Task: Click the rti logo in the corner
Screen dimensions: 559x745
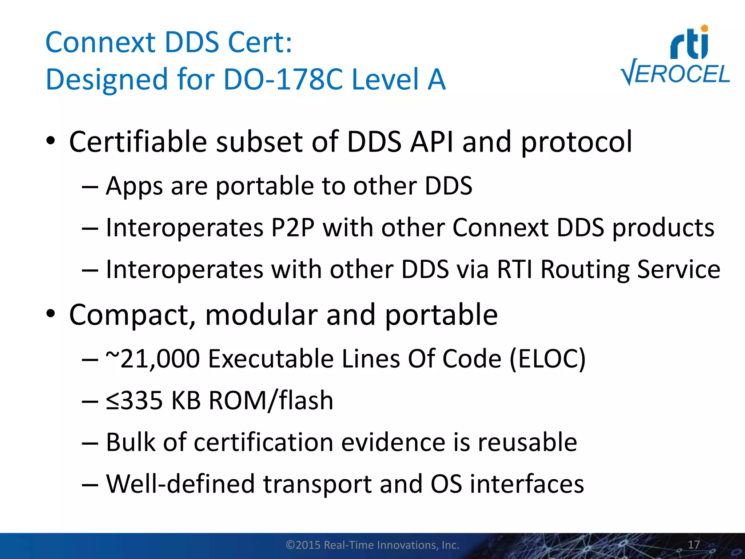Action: tap(690, 43)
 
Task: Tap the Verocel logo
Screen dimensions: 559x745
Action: tap(675, 74)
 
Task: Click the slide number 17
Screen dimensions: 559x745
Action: tap(694, 545)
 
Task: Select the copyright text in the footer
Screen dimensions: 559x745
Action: tap(372, 545)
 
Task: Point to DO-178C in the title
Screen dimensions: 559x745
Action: tap(283, 79)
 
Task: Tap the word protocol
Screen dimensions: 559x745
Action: tap(577, 143)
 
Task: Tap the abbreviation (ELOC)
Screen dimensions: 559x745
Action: tap(547, 359)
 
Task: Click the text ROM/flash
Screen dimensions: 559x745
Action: tap(271, 400)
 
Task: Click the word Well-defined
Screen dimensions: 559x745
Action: tap(180, 484)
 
